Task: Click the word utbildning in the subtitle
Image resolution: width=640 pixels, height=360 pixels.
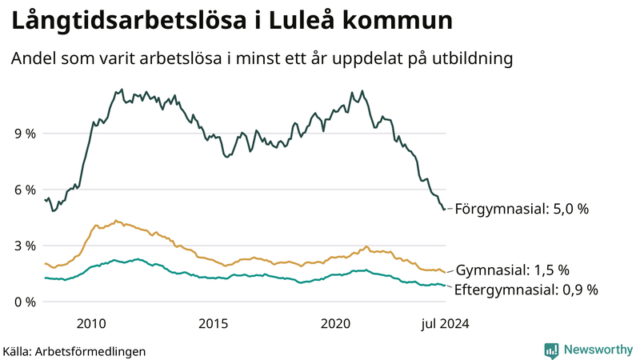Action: (x=470, y=58)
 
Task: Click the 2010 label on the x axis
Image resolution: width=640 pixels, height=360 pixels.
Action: (x=91, y=324)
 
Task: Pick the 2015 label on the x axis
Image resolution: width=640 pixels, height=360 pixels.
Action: (x=214, y=324)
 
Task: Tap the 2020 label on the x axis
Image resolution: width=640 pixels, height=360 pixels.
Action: (x=336, y=324)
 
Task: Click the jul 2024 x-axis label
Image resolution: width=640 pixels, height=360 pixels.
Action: (x=443, y=324)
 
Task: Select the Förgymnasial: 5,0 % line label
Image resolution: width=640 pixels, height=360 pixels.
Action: (x=522, y=209)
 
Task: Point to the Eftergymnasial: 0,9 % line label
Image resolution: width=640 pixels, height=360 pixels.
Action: (x=526, y=290)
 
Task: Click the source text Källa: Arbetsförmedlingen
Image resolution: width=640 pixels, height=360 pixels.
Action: (x=74, y=350)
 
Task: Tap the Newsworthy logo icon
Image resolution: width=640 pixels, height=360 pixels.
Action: (x=552, y=350)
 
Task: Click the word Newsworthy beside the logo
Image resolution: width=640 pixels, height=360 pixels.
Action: (x=597, y=350)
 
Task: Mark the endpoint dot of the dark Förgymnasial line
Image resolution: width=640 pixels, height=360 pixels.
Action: (x=445, y=209)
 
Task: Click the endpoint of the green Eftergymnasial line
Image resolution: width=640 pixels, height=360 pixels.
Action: (x=445, y=286)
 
